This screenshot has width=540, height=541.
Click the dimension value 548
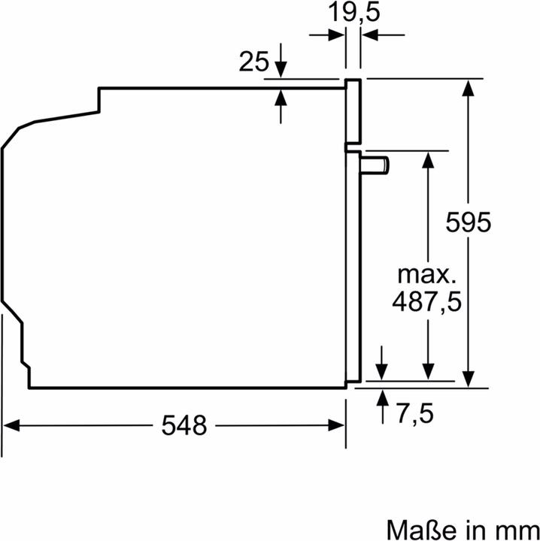coord(184,426)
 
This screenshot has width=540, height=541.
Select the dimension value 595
coord(468,222)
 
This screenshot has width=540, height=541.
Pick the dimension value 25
coord(253,62)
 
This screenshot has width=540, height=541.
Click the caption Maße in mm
coord(463,525)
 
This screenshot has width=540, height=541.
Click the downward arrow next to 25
coord(281,69)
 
